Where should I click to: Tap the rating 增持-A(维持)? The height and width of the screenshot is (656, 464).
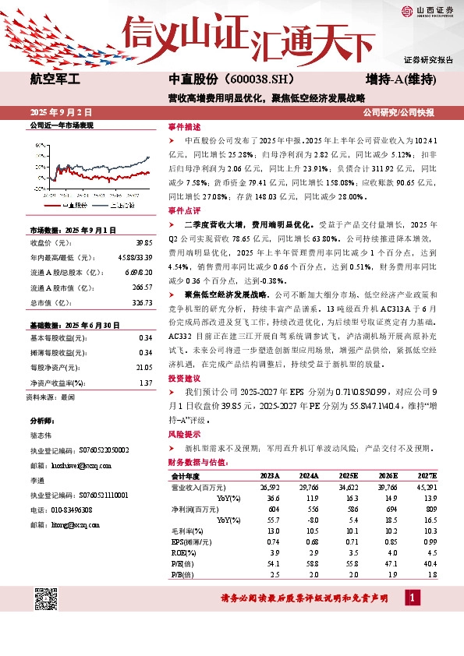(399, 79)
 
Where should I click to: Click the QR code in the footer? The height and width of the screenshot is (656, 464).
(47, 599)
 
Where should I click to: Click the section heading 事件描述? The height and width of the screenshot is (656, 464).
(184, 126)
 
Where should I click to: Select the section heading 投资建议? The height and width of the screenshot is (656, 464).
(184, 377)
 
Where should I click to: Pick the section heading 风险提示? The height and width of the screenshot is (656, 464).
(184, 435)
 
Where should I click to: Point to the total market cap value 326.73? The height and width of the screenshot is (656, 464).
(142, 302)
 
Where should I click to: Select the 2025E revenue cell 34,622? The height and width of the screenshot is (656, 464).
(349, 486)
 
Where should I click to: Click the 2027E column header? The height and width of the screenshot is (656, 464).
(428, 475)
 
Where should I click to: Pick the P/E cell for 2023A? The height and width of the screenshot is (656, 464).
(270, 563)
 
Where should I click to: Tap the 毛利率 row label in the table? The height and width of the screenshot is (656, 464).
(183, 530)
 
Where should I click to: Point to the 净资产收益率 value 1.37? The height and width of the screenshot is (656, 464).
(145, 383)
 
